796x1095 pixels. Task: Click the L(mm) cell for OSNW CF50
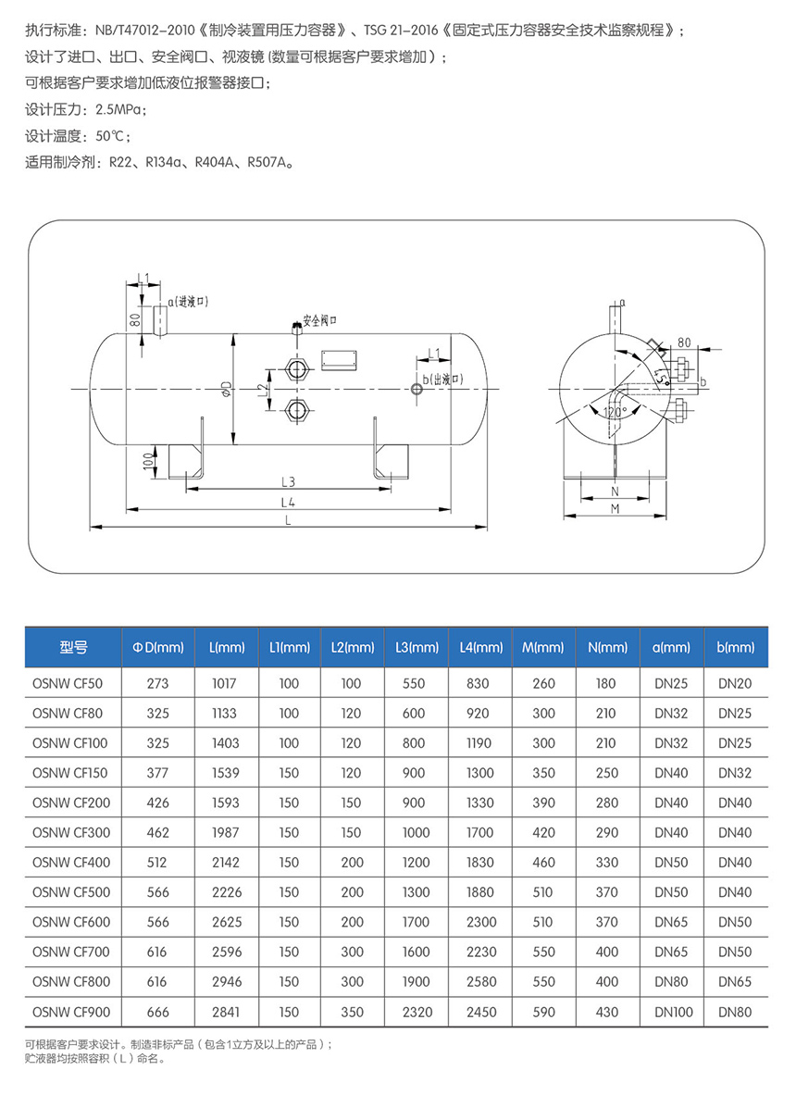tap(224, 684)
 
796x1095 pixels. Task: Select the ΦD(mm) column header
tap(158, 647)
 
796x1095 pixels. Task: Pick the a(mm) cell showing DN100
tap(672, 1012)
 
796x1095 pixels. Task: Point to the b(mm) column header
tap(736, 647)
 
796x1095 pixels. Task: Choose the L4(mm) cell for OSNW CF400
tap(480, 863)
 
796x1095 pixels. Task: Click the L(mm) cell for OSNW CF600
tap(224, 922)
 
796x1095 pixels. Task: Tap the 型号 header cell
tap(72, 647)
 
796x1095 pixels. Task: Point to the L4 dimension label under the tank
tap(289, 501)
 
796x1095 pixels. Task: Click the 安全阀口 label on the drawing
tap(320, 320)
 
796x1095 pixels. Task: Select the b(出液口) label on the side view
tap(442, 380)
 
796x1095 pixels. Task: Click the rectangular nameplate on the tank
tap(336, 358)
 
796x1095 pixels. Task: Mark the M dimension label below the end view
tap(615, 509)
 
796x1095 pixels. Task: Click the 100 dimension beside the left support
tap(148, 460)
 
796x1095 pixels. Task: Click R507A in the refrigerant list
tap(269, 162)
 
